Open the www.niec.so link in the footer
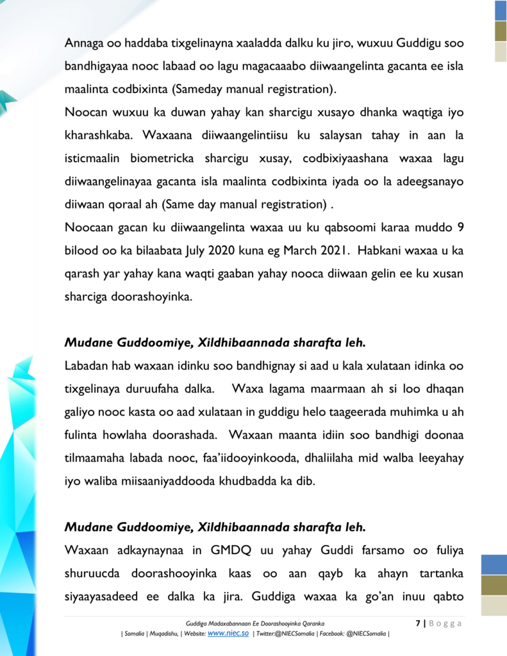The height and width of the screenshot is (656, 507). pyautogui.click(x=228, y=633)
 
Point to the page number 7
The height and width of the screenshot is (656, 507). pyautogui.click(x=417, y=623)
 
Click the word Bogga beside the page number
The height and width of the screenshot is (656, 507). pyautogui.click(x=444, y=623)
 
